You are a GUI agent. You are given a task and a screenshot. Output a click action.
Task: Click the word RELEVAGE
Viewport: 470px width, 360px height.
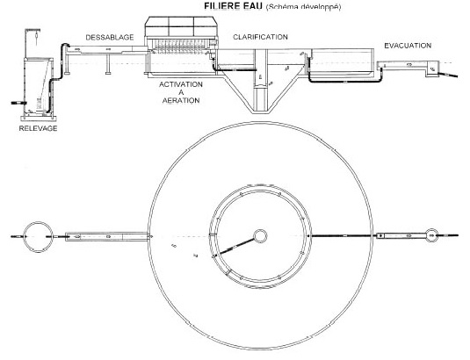coord(38,128)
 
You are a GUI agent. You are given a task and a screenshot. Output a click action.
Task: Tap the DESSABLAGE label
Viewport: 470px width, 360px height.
coord(110,37)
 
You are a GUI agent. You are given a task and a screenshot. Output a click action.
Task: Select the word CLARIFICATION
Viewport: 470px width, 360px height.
coord(261,37)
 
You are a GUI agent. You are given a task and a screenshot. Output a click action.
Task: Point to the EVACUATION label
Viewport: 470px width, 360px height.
coord(408,46)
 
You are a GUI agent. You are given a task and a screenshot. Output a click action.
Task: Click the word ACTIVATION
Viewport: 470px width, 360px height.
coord(181,84)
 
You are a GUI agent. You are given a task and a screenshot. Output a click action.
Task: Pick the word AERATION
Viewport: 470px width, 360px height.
coord(181,100)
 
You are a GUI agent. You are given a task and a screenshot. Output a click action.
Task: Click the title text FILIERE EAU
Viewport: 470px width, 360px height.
coord(233,5)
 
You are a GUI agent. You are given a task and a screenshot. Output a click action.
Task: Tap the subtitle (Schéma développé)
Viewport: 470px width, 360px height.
coord(303,7)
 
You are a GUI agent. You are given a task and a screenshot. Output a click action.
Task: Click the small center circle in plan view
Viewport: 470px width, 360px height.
coord(260,236)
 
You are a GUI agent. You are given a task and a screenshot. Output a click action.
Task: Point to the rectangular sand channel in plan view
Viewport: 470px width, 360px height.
coord(107,236)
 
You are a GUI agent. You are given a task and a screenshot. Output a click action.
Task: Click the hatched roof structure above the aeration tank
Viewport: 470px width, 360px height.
coord(181,26)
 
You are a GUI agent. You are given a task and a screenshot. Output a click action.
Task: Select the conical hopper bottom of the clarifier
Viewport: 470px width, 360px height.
coord(260,96)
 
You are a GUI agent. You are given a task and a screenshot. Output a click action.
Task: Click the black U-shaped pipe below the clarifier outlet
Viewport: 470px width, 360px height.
coord(344,81)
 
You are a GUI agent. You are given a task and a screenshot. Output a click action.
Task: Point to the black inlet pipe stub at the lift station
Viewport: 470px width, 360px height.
coord(18,103)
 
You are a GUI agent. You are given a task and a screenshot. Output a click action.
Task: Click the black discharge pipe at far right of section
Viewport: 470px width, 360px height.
coord(449,75)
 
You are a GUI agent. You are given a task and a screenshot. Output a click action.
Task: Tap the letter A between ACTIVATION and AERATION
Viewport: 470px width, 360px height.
coord(181,92)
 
